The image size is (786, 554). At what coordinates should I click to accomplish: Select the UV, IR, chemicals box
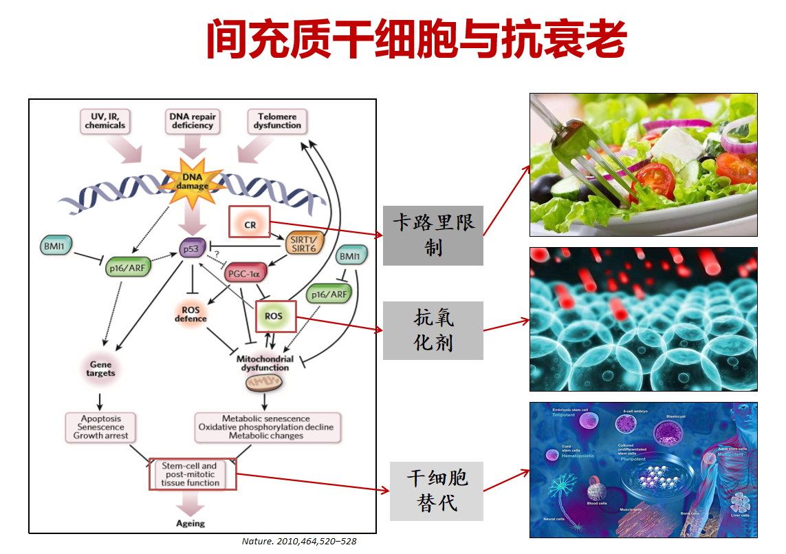coord(105,121)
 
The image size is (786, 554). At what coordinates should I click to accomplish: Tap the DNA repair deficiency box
coord(193,121)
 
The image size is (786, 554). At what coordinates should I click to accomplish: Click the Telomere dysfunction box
coord(277,121)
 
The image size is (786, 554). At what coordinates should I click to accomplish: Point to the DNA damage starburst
coord(192,181)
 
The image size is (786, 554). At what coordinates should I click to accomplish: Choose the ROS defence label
coord(190,314)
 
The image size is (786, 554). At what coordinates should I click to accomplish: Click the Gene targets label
coord(100,368)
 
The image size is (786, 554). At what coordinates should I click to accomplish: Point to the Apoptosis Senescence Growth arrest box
coord(100,427)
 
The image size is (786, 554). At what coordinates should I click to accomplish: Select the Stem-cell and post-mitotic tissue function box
coord(193,475)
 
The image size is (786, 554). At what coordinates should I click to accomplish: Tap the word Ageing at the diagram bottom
coord(190,523)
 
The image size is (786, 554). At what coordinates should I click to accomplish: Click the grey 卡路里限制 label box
coord(433,235)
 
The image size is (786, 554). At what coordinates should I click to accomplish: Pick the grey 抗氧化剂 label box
coord(433,330)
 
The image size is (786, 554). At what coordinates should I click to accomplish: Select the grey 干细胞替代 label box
coord(437,491)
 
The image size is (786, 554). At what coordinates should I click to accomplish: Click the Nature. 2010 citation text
coord(299,542)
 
